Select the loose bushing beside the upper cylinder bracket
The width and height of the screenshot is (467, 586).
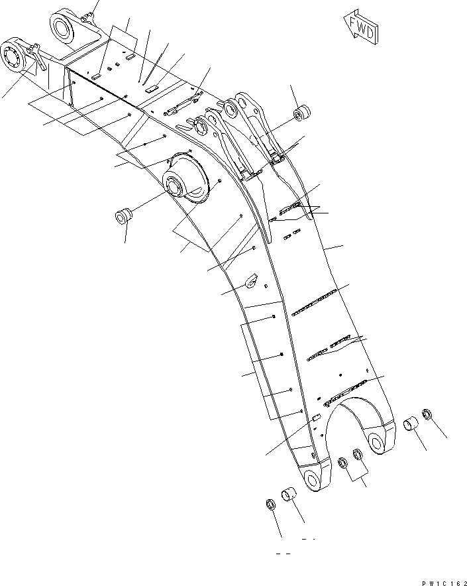pyautogui.click(x=302, y=113)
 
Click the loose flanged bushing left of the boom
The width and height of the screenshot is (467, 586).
pyautogui.click(x=124, y=215)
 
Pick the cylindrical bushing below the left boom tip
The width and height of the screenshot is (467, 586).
pyautogui.click(x=290, y=495)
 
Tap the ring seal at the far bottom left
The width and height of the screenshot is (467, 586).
pyautogui.click(x=270, y=503)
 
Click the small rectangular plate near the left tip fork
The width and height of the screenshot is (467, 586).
pyautogui.click(x=317, y=417)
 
